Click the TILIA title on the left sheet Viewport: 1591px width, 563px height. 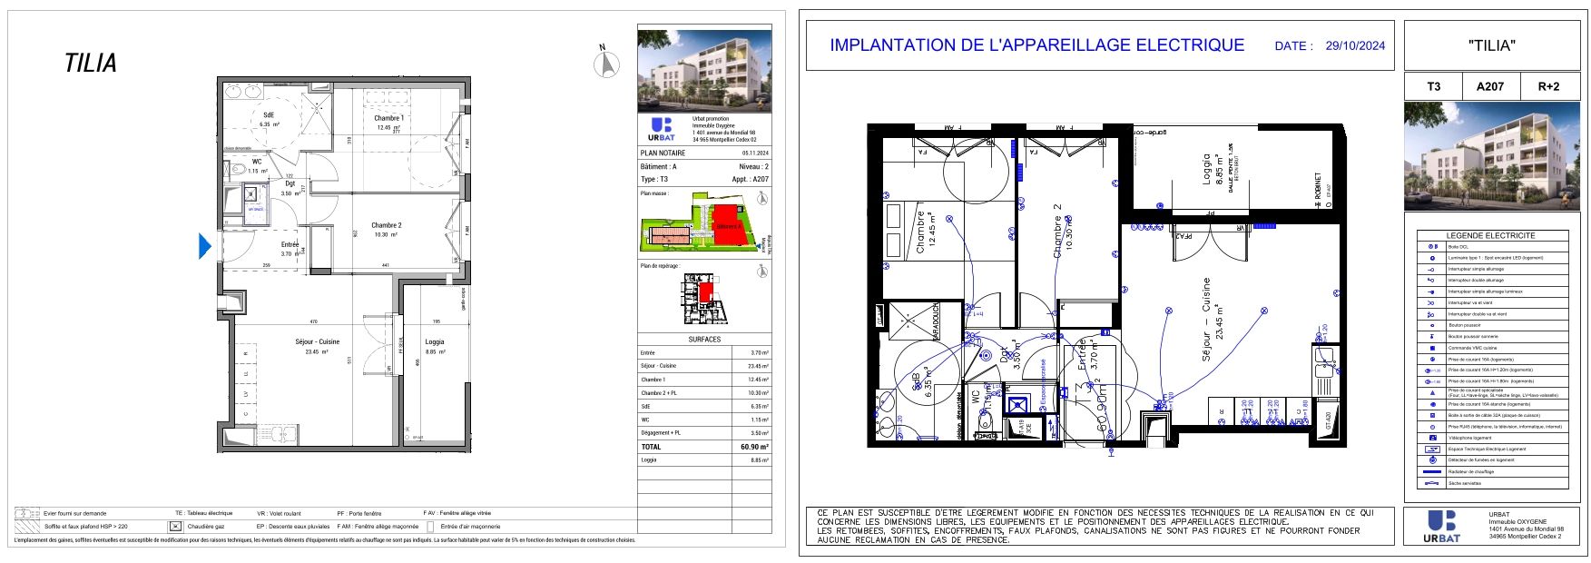point(91,64)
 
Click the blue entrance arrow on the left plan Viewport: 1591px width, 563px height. point(205,245)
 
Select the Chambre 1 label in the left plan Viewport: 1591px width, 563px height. point(389,118)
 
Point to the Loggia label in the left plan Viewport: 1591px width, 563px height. point(435,341)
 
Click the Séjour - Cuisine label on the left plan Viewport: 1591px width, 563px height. point(317,341)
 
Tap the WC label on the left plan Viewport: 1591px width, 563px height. point(257,161)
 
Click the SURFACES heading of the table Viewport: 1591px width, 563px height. point(704,339)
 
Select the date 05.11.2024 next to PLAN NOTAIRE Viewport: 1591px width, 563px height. point(754,153)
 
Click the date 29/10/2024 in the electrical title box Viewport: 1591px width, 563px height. point(1355,45)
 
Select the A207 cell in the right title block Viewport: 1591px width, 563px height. point(1490,86)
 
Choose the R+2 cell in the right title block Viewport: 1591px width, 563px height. point(1548,86)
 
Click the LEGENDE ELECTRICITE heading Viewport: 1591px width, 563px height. point(1491,235)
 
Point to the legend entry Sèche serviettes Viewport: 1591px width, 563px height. point(1464,483)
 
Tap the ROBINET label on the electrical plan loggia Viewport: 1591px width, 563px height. point(1318,192)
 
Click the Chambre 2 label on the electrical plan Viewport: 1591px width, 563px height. point(1057,231)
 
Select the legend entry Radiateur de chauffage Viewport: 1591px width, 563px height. point(1470,471)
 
